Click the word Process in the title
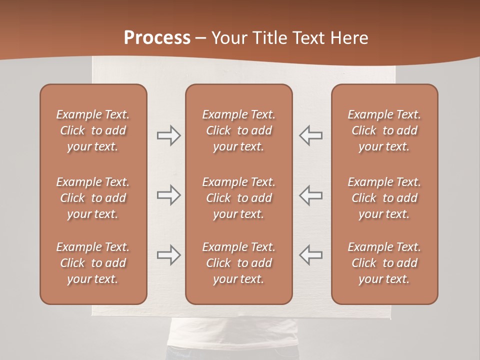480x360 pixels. click(157, 38)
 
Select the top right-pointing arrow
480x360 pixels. click(168, 135)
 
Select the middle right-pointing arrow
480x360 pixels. click(168, 195)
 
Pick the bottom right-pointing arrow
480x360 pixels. click(168, 254)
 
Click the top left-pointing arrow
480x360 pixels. click(311, 135)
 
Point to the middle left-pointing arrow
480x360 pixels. click(311, 195)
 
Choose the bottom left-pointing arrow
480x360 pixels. click(311, 254)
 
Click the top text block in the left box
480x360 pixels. click(93, 130)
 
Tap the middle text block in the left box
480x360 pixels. click(93, 198)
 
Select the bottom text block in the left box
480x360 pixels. click(93, 263)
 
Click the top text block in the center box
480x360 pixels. click(239, 130)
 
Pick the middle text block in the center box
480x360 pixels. click(239, 198)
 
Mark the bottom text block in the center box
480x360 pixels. click(239, 263)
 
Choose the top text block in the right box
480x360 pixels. click(384, 130)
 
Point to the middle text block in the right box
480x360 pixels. click(384, 198)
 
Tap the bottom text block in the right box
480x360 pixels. click(384, 263)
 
